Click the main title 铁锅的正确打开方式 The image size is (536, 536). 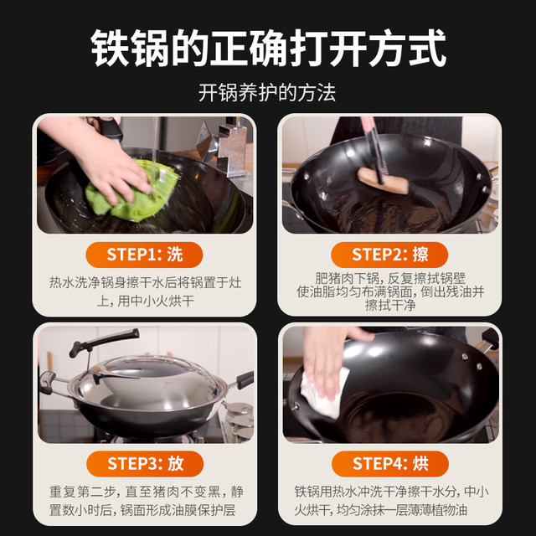pos(268,48)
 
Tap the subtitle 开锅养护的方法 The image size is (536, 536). pos(267,93)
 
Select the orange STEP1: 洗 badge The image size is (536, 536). pos(144,255)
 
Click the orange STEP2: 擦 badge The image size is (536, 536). pos(389,255)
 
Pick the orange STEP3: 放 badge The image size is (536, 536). pos(145,464)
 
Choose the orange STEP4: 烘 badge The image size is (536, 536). pos(390,464)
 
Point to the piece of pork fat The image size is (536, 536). pos(383,181)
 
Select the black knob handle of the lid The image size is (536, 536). pos(104,341)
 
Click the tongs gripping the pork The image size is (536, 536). pos(374,151)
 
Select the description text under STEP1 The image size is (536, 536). pos(145,291)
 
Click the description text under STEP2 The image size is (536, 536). pos(390,291)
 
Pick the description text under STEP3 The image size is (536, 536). pos(146,501)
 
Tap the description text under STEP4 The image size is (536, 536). pos(391,501)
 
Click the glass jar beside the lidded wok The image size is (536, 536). pos(240,420)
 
